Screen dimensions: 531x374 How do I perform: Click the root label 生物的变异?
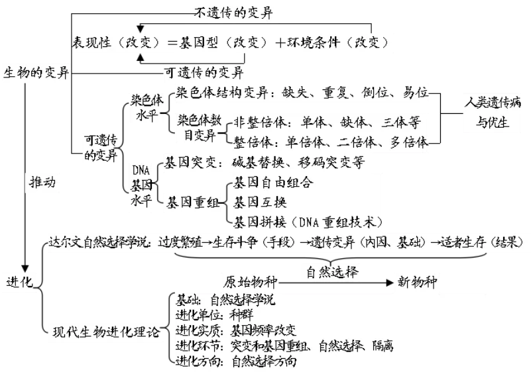[36, 73]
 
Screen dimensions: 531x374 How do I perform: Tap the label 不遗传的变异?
[233, 13]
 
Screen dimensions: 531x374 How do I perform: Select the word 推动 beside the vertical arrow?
[42, 182]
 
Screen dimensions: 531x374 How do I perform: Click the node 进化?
[20, 282]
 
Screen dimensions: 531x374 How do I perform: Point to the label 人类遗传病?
[493, 102]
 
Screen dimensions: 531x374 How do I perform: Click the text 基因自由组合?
[273, 183]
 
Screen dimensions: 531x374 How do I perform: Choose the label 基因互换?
[260, 202]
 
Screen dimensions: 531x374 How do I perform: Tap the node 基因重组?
[192, 202]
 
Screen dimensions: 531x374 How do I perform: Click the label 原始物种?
[251, 282]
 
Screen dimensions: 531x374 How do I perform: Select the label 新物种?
[417, 282]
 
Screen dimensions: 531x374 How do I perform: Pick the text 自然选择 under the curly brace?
[332, 271]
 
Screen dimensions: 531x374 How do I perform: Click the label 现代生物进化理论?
[106, 332]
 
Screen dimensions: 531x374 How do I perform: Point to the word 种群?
[241, 315]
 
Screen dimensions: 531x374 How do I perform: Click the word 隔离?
[383, 346]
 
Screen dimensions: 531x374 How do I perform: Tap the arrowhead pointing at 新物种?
[390, 283]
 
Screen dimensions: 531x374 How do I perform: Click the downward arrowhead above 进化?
[25, 269]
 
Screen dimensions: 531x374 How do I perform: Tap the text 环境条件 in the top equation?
[313, 42]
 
